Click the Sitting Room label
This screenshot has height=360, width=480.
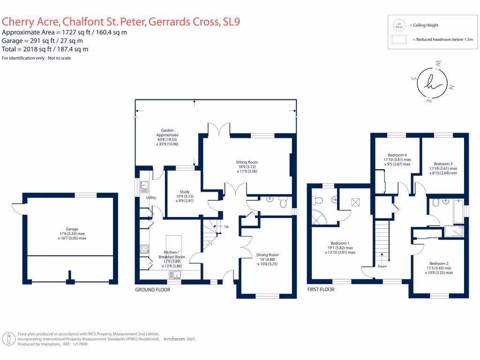pyautogui.click(x=247, y=162)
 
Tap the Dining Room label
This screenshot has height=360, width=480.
pyautogui.click(x=267, y=255)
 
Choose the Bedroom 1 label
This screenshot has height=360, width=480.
pyautogui.click(x=340, y=243)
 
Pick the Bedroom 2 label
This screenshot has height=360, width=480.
pyautogui.click(x=439, y=263)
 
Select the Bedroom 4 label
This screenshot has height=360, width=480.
pyautogui.click(x=397, y=155)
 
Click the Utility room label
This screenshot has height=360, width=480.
pyautogui.click(x=150, y=198)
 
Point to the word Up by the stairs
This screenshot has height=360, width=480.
pyautogui.click(x=227, y=226)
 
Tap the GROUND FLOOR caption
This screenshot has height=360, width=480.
pyautogui.click(x=152, y=290)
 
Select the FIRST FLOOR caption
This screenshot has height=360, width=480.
pyautogui.click(x=321, y=290)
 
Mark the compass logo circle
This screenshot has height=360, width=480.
pyautogui.click(x=432, y=83)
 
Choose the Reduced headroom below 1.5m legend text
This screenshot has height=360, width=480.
pyautogui.click(x=442, y=40)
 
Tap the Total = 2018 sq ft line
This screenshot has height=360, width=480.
pyautogui.click(x=45, y=49)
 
